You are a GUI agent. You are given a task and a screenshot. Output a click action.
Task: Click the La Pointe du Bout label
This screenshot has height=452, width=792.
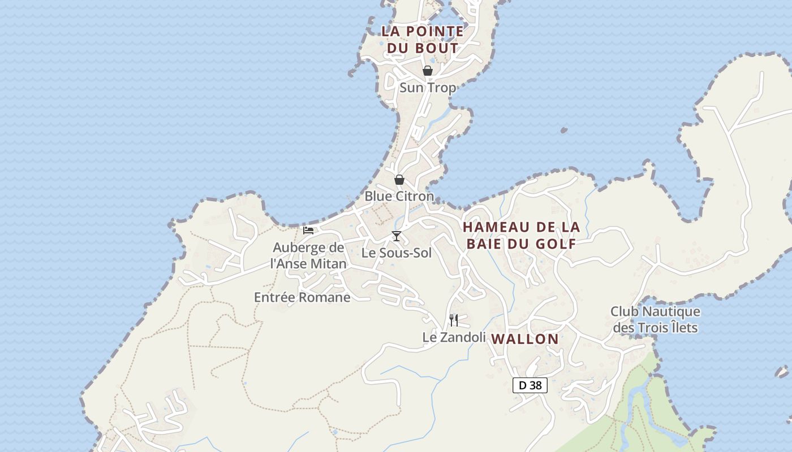[x=423, y=40]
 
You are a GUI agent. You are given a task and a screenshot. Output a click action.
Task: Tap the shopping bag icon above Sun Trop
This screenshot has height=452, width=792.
[x=428, y=71]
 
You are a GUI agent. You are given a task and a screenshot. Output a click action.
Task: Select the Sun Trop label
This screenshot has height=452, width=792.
[x=428, y=88]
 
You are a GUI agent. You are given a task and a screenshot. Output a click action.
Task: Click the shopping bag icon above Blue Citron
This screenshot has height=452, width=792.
[x=399, y=180]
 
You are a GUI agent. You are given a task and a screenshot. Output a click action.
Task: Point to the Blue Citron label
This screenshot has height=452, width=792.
[x=399, y=196]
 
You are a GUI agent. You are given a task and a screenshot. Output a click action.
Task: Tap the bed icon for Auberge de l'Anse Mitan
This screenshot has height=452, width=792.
[x=308, y=230]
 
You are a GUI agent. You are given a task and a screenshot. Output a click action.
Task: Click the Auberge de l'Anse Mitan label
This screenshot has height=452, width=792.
[x=308, y=255]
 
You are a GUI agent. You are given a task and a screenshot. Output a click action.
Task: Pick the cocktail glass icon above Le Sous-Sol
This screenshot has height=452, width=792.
[x=397, y=236]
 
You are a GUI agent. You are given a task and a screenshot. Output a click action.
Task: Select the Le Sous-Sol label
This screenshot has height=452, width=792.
[x=397, y=253]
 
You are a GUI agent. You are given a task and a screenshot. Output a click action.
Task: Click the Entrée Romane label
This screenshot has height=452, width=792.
[x=302, y=297]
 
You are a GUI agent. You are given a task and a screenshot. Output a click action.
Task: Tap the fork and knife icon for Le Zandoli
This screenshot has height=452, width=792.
[x=454, y=320]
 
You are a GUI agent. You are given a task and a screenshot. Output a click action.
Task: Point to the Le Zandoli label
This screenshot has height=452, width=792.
[x=454, y=337]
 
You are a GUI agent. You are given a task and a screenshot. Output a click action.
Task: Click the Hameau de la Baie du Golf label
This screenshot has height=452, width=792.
[x=521, y=235]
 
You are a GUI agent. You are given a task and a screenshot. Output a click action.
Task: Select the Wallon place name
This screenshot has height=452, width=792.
[x=525, y=339]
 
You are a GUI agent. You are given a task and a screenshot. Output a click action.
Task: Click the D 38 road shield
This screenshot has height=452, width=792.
[x=530, y=385]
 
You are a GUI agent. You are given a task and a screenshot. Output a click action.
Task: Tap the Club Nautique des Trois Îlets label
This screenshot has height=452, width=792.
[x=655, y=319]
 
